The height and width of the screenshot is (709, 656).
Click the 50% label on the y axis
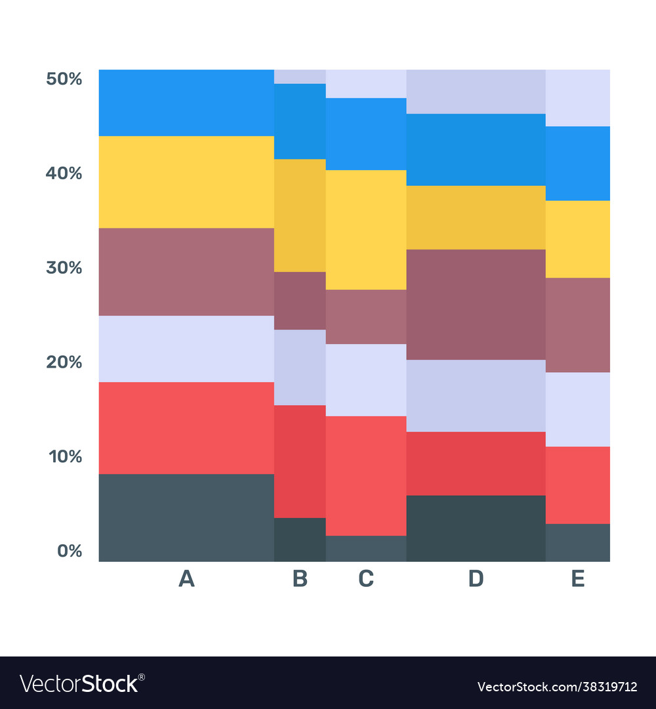pyautogui.click(x=64, y=79)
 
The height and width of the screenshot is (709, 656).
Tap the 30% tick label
pyautogui.click(x=64, y=268)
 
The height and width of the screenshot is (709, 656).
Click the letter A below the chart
pyautogui.click(x=187, y=579)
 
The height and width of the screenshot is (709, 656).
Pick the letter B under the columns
pyautogui.click(x=300, y=579)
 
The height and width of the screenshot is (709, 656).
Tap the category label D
pyautogui.click(x=476, y=579)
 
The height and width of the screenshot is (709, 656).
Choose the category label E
pyautogui.click(x=577, y=579)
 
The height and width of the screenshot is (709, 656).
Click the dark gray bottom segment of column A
pyautogui.click(x=186, y=517)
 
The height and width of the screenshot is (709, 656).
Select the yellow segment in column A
pyautogui.click(x=186, y=182)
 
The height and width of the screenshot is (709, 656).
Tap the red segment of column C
pyautogui.click(x=366, y=475)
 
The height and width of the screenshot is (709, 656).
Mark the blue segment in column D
pyautogui.click(x=476, y=150)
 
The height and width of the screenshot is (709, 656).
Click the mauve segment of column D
pyautogui.click(x=476, y=304)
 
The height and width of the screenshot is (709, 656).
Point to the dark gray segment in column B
pyautogui.click(x=300, y=539)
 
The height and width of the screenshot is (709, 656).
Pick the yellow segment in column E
pyautogui.click(x=577, y=239)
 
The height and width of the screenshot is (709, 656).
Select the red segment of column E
pyautogui.click(x=577, y=484)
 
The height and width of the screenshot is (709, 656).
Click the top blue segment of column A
pyautogui.click(x=186, y=102)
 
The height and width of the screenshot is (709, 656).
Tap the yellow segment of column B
pyautogui.click(x=300, y=215)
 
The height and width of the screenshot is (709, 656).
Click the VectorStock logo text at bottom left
pyautogui.click(x=82, y=683)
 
